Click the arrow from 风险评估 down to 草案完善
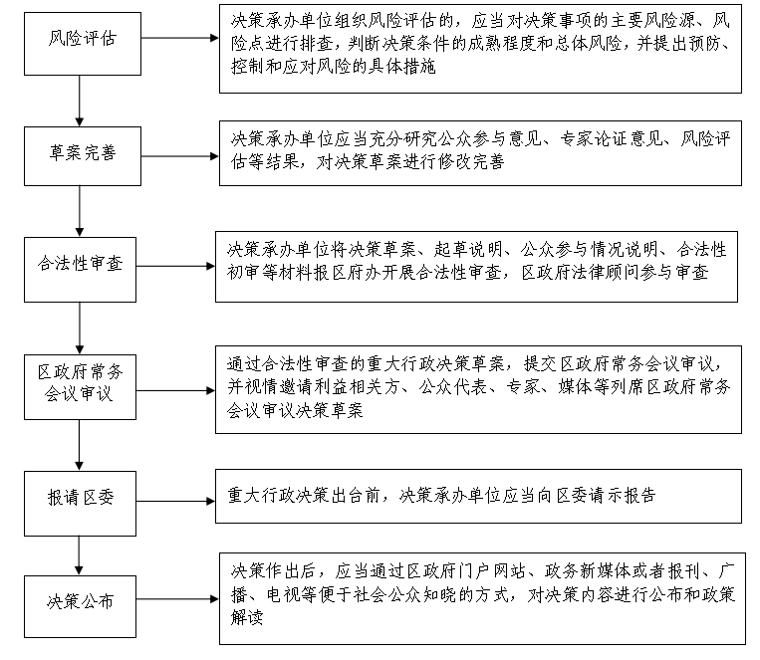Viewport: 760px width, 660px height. (x=81, y=97)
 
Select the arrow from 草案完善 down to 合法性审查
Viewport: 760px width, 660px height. (x=81, y=209)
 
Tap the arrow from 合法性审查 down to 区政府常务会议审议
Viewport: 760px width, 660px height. (x=81, y=324)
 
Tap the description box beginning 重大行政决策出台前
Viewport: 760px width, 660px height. (x=479, y=496)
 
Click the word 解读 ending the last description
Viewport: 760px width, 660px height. (x=246, y=618)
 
